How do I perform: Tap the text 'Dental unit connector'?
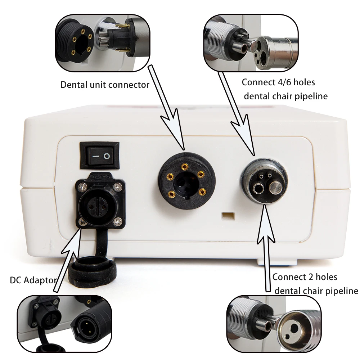pyautogui.click(x=105, y=85)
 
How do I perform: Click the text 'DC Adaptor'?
pyautogui.click(x=33, y=280)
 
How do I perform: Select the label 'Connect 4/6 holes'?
pyautogui.click(x=278, y=82)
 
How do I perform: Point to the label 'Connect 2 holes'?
pyautogui.click(x=305, y=277)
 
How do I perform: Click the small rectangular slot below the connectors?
pyautogui.click(x=227, y=215)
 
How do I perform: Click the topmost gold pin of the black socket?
pyautogui.click(x=185, y=166)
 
